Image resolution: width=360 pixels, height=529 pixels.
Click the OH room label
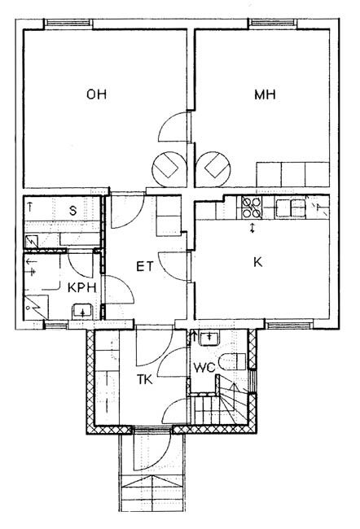(97, 94)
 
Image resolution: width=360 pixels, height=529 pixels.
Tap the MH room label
(265, 94)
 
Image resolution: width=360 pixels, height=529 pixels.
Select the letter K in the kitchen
(257, 262)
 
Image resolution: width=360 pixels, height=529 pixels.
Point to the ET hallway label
(144, 266)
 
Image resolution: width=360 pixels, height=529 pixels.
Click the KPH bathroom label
(82, 288)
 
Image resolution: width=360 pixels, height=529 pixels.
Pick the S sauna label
(73, 211)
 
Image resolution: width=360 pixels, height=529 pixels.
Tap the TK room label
(144, 379)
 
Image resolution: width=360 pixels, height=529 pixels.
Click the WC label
(204, 367)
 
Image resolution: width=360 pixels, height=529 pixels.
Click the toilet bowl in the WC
(232, 361)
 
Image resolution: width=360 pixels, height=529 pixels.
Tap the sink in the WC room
(209, 338)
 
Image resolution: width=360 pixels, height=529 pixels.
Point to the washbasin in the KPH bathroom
(82, 311)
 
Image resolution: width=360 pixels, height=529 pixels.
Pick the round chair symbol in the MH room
(213, 168)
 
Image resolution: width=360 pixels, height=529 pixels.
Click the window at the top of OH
(69, 23)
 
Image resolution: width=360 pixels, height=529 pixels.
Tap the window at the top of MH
(273, 23)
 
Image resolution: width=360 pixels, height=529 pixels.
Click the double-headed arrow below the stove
(252, 228)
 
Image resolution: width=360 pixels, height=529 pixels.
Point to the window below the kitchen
(288, 326)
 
